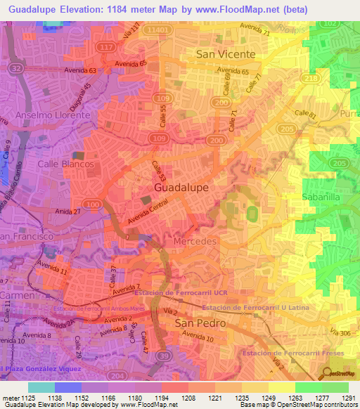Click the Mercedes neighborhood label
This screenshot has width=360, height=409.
(x=194, y=241)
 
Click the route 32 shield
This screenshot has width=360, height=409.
(x=15, y=69)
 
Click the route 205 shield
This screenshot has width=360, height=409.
(x=340, y=163)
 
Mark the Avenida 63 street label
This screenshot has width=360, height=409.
(x=80, y=70)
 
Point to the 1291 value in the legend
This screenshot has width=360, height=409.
(x=347, y=398)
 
